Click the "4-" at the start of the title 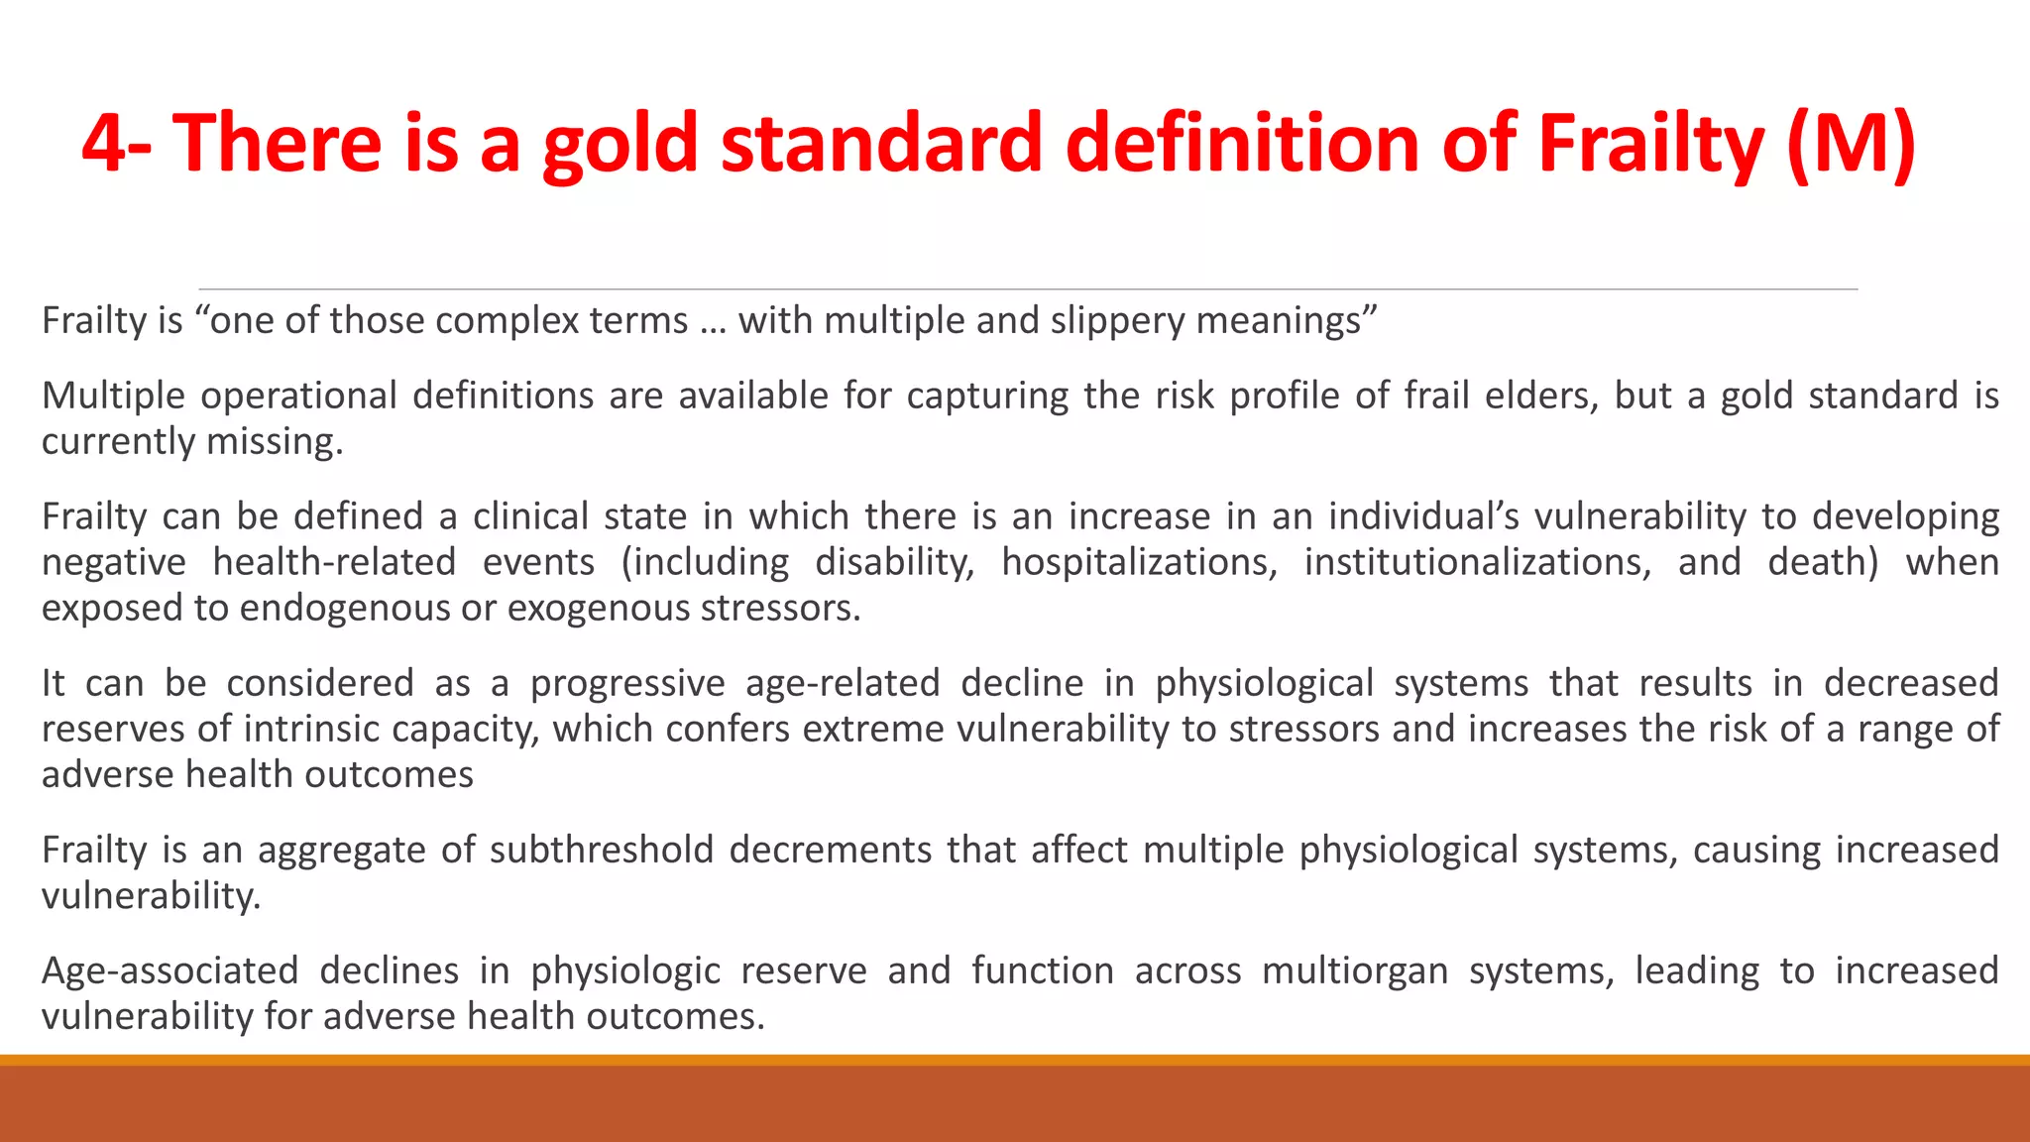coord(116,144)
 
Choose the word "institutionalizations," coord(1477,562)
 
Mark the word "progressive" coord(627,683)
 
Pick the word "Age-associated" coord(169,971)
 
